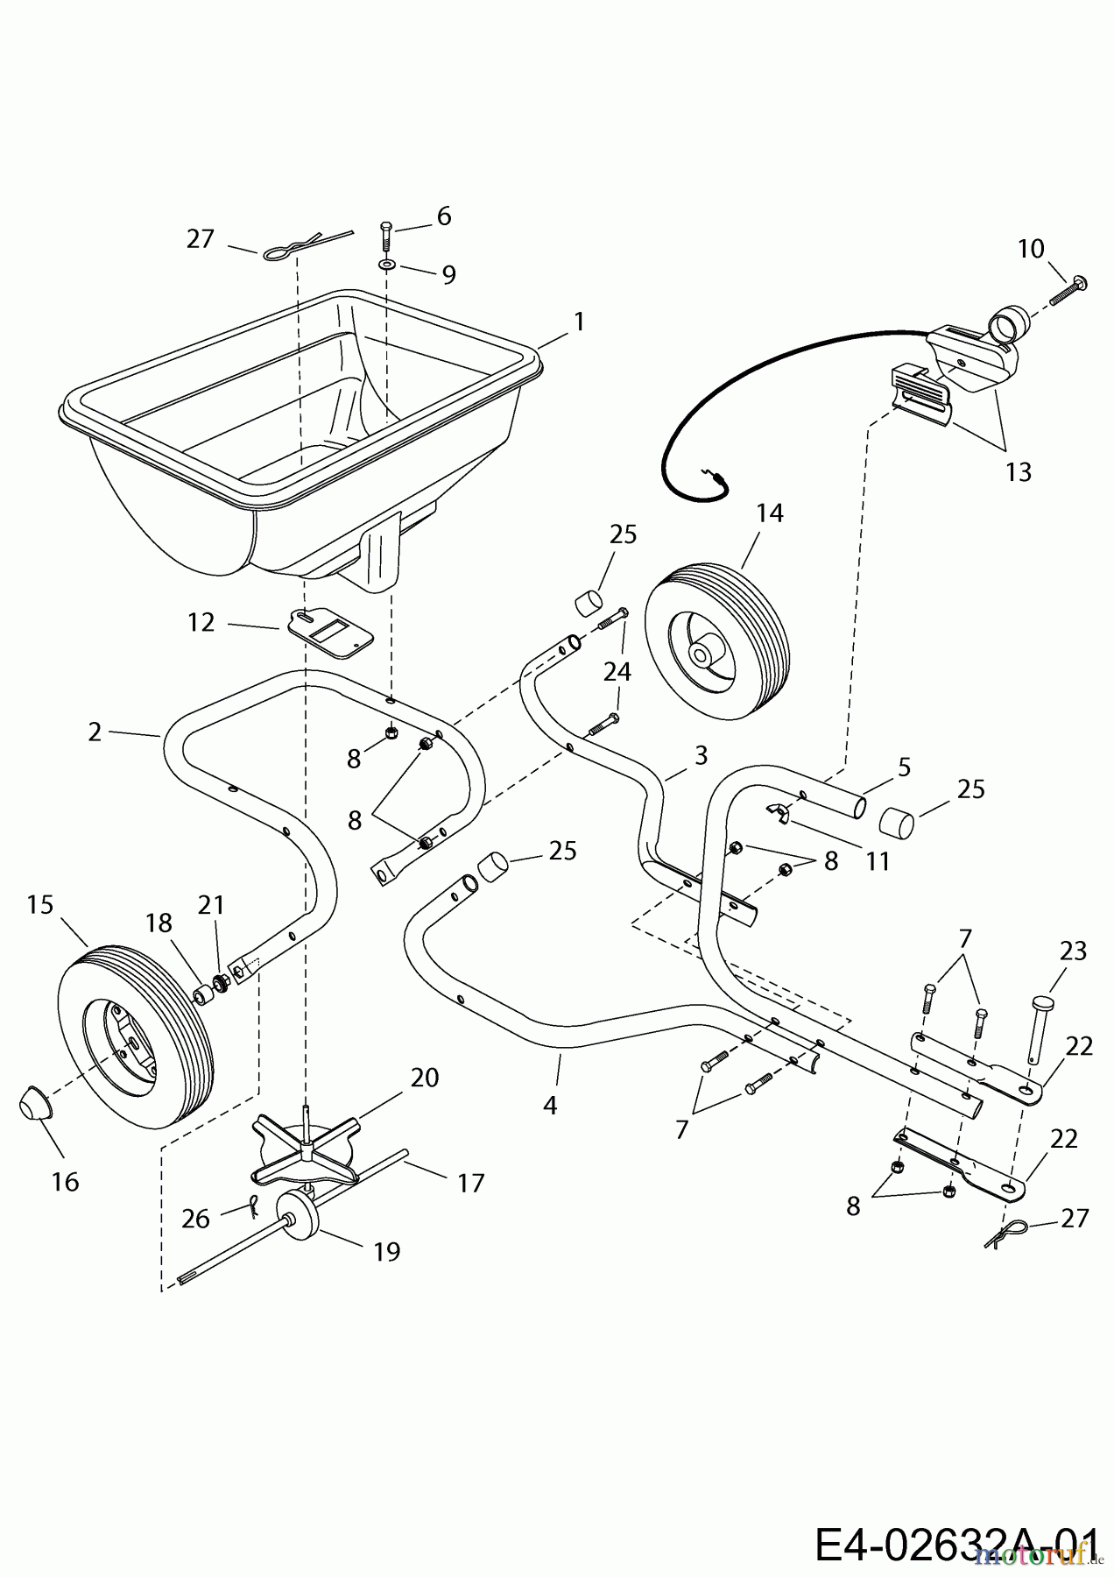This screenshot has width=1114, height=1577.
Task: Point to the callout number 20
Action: (x=424, y=1077)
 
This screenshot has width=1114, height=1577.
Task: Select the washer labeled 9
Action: (x=386, y=264)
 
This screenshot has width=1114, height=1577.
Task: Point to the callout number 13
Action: (x=1019, y=472)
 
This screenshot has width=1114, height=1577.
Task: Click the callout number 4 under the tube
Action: (x=549, y=1106)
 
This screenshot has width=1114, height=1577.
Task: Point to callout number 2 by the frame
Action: (x=95, y=732)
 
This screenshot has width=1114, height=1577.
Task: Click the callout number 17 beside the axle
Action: (x=470, y=1183)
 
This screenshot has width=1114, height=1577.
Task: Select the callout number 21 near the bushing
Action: (x=211, y=905)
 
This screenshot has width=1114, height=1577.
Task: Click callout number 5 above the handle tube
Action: (x=904, y=767)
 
